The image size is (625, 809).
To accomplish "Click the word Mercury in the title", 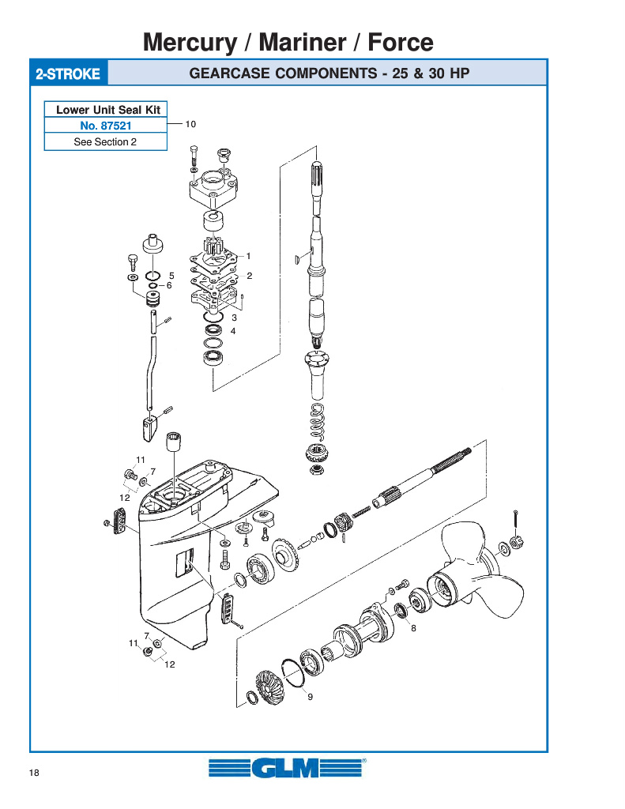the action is point(190,43).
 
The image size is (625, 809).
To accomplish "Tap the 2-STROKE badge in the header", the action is point(68,73).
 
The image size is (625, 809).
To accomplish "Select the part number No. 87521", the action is point(106,126).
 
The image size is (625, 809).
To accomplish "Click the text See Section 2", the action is point(105,142).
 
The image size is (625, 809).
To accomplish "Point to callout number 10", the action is point(190,124).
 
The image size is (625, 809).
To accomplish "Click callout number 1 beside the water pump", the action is point(248,256).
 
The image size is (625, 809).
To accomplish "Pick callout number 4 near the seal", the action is point(233,331).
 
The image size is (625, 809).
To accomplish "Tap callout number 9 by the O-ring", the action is point(311,697).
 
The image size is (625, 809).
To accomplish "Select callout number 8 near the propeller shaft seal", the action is point(413,628).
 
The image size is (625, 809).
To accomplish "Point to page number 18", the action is point(34,773).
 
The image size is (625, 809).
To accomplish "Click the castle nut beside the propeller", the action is point(515,542).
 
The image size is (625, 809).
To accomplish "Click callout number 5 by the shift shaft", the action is point(172,276).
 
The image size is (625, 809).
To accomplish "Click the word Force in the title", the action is point(401,43).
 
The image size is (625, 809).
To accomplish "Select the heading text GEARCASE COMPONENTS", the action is point(284,73).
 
